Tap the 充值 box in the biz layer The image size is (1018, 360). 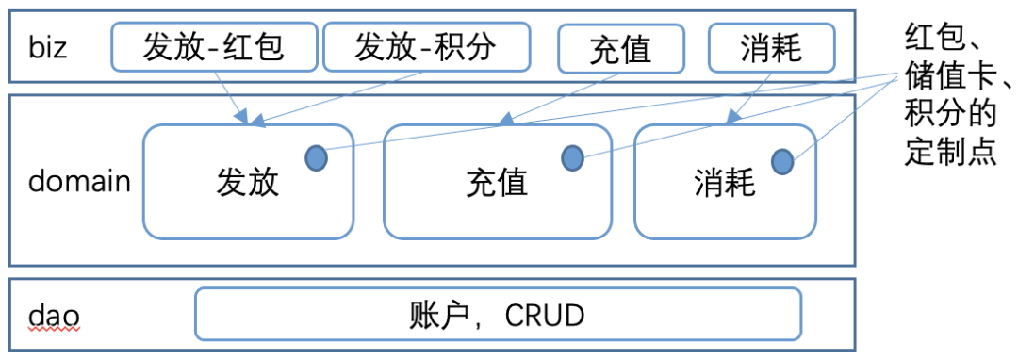(619, 48)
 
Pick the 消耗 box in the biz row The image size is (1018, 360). (770, 47)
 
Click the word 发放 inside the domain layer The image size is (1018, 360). (248, 181)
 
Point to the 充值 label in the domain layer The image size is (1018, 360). (497, 181)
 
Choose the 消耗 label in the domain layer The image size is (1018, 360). (724, 181)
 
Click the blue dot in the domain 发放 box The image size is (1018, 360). (316, 158)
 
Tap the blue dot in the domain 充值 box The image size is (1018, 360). (572, 158)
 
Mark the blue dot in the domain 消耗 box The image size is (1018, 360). (782, 162)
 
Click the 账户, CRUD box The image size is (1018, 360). (498, 314)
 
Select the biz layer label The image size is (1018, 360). (47, 47)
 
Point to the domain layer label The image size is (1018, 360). (79, 181)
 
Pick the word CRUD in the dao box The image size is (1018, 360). (545, 314)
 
